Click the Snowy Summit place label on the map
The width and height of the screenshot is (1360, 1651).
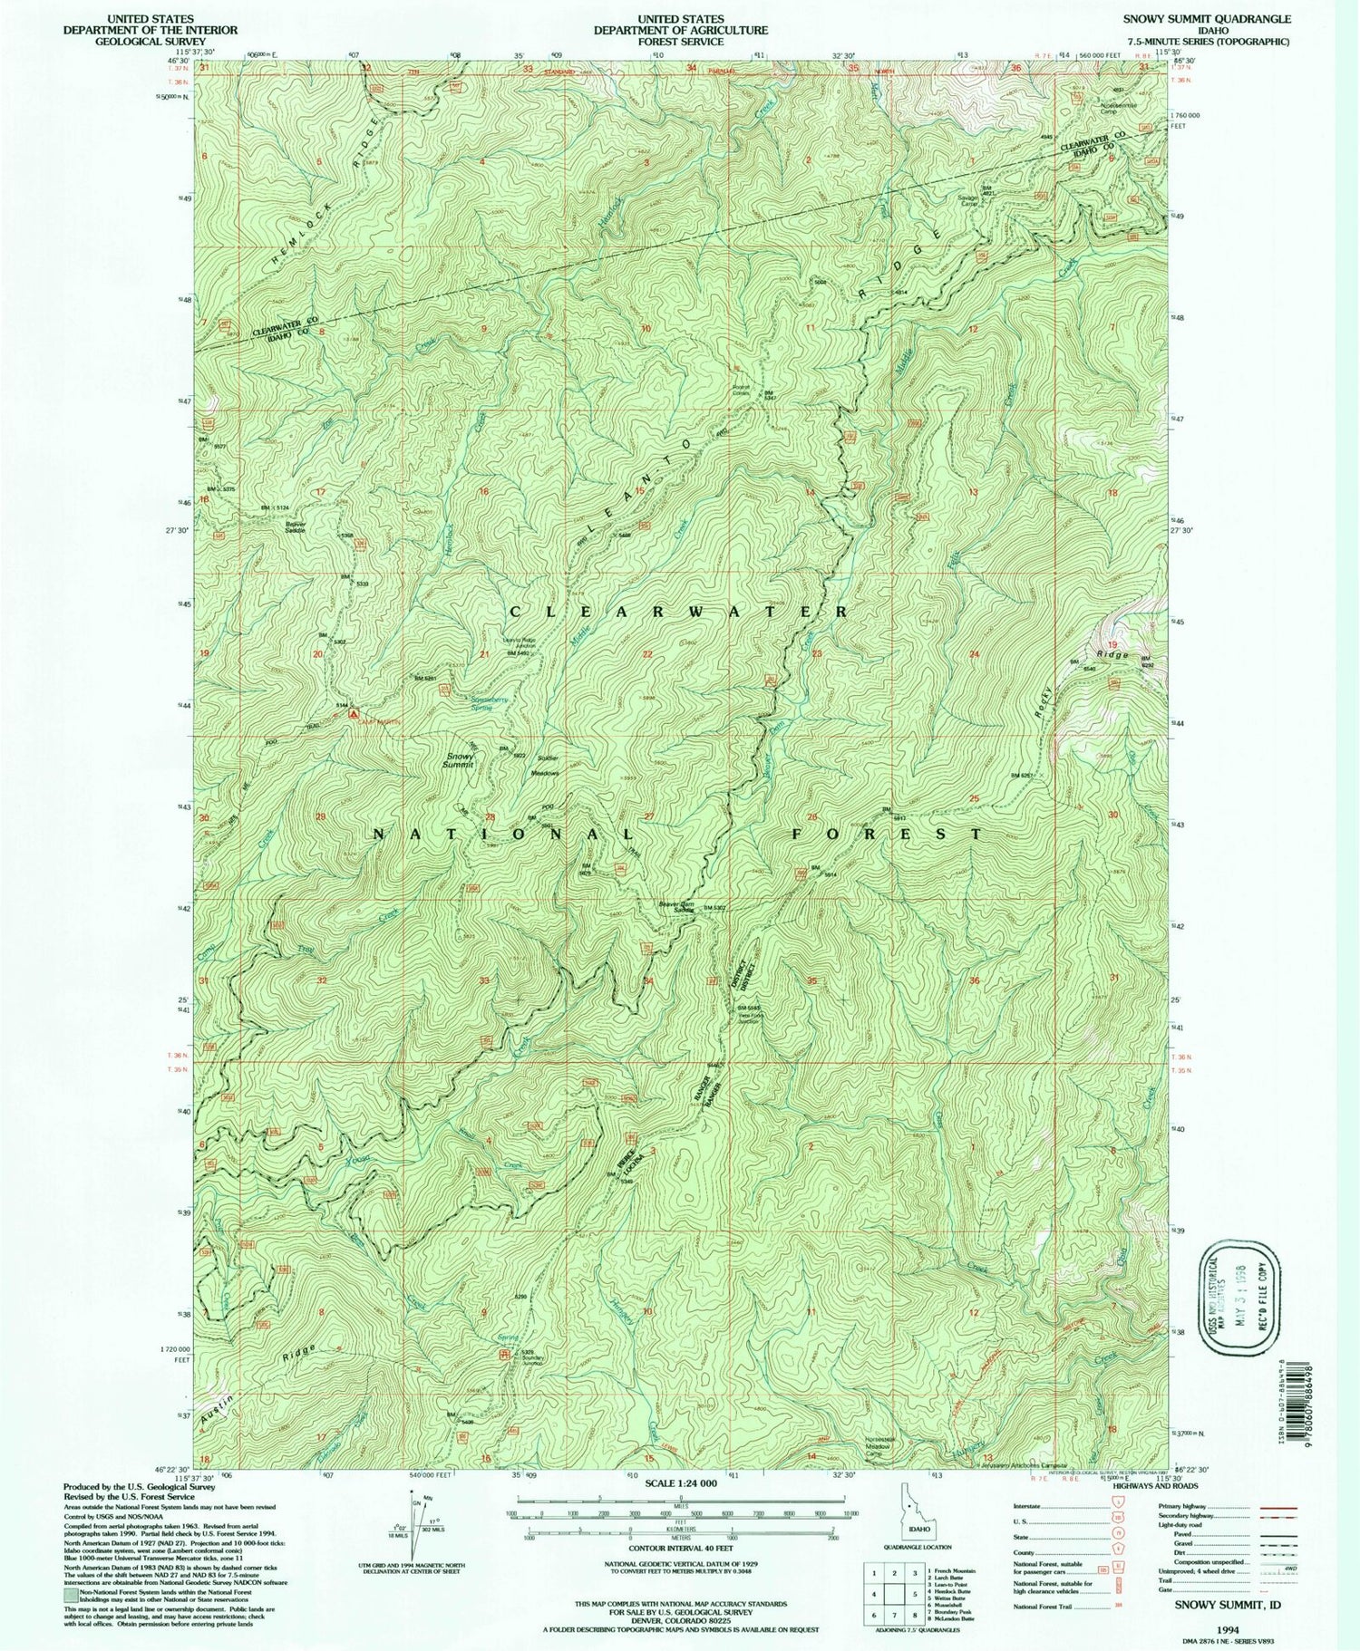point(461,761)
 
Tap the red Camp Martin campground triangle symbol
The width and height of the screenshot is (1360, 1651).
point(353,713)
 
